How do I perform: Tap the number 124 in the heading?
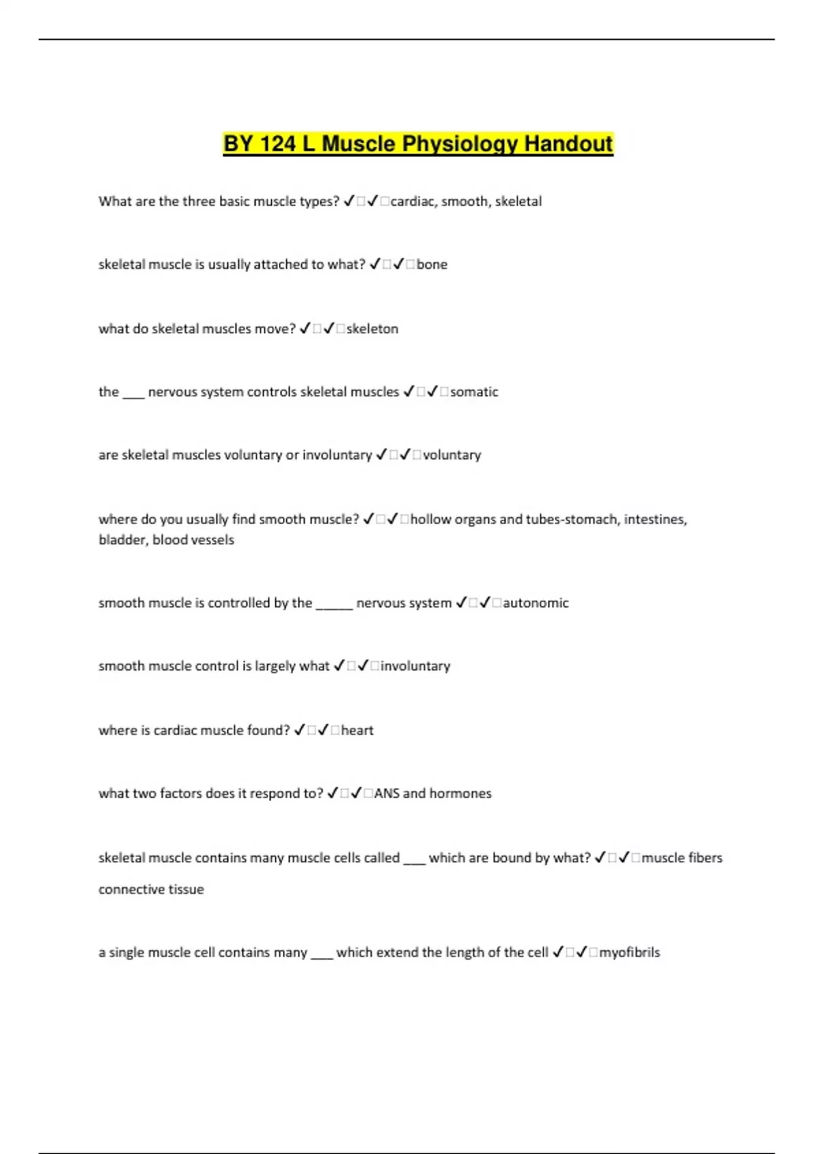point(279,144)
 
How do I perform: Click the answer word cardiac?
point(413,202)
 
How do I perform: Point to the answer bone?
point(432,265)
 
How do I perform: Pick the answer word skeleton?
point(372,329)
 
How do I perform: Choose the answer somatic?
point(474,392)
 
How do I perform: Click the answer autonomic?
point(536,603)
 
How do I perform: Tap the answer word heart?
point(357,731)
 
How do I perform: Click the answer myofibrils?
point(629,953)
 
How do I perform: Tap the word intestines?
point(655,520)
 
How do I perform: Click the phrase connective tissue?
point(151,890)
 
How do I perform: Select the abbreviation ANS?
point(387,794)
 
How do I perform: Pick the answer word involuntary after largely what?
point(416,667)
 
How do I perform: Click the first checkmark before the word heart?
point(300,730)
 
